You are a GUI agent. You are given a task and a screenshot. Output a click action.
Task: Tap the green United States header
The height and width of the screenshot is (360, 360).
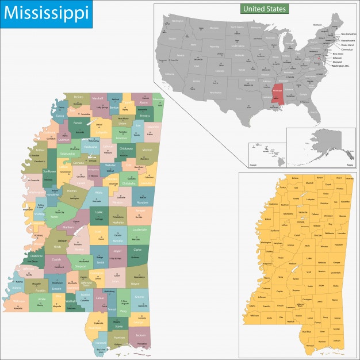point(264,9)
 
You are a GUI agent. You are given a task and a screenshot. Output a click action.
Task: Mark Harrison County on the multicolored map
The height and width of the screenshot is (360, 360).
point(119,337)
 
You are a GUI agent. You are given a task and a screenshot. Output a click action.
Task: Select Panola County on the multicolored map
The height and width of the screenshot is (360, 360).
point(77,123)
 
